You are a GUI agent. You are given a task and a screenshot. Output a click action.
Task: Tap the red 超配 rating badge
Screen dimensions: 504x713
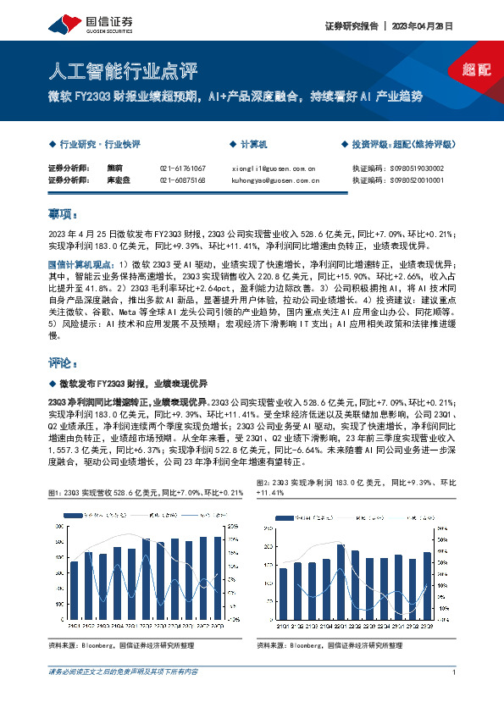[x=477, y=69]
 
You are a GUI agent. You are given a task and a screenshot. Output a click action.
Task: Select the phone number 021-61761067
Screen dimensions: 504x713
[x=182, y=169]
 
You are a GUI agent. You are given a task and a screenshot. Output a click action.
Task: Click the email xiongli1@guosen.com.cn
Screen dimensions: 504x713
[x=273, y=169]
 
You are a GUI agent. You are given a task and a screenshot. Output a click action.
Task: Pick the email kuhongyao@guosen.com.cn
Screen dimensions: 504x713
[x=275, y=180]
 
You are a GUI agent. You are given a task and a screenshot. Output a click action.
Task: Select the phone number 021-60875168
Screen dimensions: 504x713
[x=182, y=180]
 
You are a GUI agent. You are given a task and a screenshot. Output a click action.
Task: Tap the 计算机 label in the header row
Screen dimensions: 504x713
[x=253, y=145]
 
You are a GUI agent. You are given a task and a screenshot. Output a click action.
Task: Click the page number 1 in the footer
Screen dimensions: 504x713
[x=456, y=672]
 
